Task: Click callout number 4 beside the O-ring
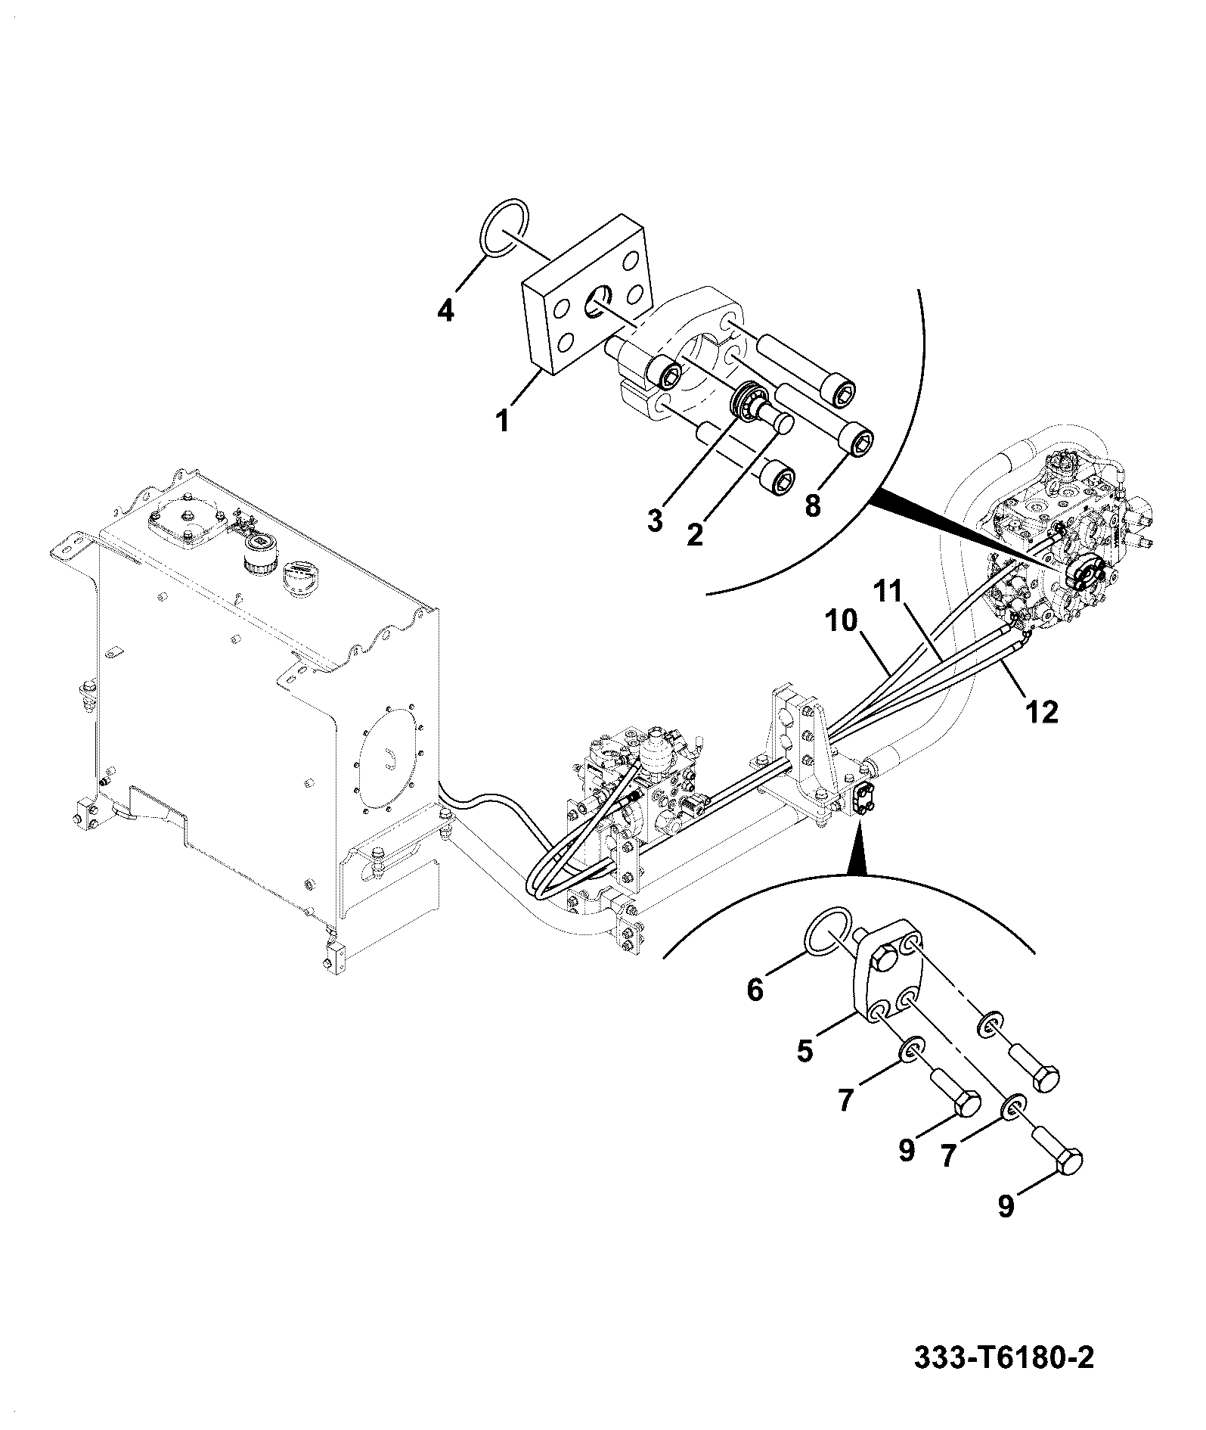(x=446, y=311)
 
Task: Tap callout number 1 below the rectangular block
(x=503, y=421)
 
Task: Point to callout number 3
(x=655, y=520)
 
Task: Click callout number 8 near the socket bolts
(x=812, y=505)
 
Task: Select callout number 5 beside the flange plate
(x=805, y=1052)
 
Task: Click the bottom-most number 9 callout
(x=1005, y=1227)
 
